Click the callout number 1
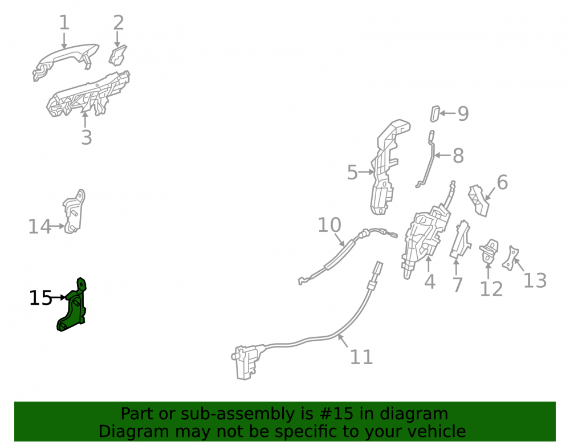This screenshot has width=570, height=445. click(64, 23)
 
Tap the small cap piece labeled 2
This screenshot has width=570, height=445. click(118, 56)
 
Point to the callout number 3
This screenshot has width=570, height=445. click(87, 138)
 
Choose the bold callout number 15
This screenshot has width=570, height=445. click(40, 298)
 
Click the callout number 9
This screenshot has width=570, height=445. click(463, 114)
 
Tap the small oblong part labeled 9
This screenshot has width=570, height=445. click(435, 114)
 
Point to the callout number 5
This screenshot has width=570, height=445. click(352, 172)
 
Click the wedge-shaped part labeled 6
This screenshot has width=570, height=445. click(479, 201)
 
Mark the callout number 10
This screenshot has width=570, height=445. click(329, 225)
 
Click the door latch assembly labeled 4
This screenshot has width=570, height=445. click(425, 240)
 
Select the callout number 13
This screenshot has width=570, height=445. click(535, 281)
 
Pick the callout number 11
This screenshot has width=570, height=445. click(361, 357)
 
